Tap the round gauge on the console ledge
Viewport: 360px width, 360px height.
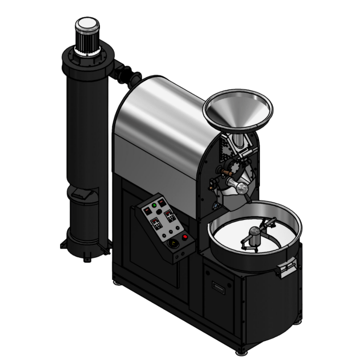(x=172, y=244)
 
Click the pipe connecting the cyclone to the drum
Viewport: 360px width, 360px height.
(x=125, y=73)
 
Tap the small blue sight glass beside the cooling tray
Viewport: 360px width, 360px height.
(x=215, y=206)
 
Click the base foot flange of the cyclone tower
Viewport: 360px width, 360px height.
(x=84, y=247)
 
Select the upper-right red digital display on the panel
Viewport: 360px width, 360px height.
(x=168, y=213)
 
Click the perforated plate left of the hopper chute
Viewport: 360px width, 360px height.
(x=227, y=149)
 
